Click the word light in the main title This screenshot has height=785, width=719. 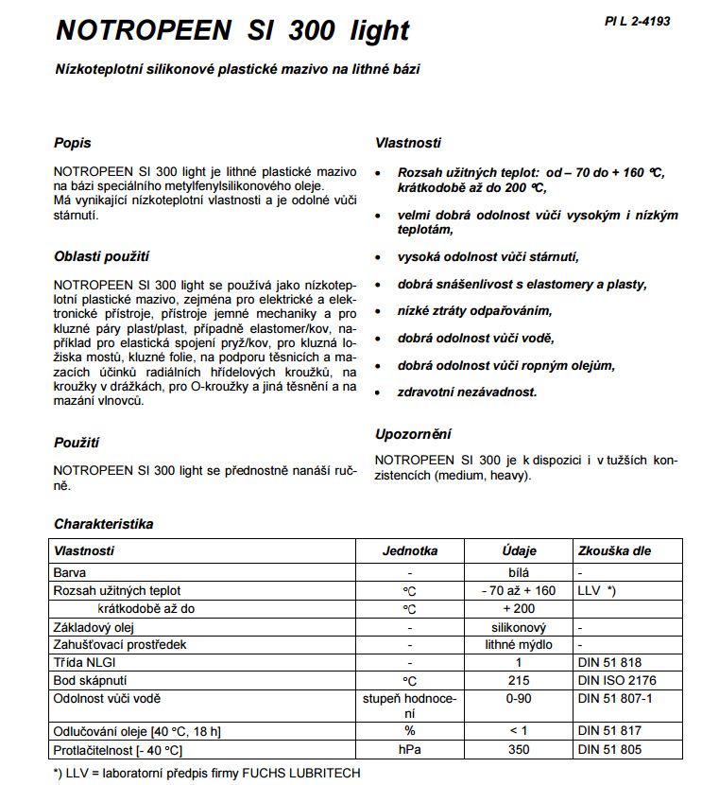pyautogui.click(x=372, y=30)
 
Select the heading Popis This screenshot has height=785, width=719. pyautogui.click(x=73, y=143)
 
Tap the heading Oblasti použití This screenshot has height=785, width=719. pyautogui.click(x=102, y=255)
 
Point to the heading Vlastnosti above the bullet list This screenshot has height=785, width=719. pyautogui.click(x=407, y=143)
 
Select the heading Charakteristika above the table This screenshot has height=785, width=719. pyautogui.click(x=104, y=523)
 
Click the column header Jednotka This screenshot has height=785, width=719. pyautogui.click(x=409, y=550)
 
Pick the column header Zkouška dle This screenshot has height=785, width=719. pyautogui.click(x=614, y=550)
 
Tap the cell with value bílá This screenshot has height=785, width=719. pyautogui.click(x=519, y=572)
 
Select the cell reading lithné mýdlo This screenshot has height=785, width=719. pyautogui.click(x=519, y=644)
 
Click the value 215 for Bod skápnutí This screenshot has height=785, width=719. pyautogui.click(x=519, y=680)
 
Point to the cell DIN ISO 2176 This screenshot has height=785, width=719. pyautogui.click(x=616, y=680)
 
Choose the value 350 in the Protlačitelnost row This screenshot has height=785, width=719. pyautogui.click(x=519, y=750)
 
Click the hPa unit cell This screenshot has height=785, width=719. pyautogui.click(x=409, y=750)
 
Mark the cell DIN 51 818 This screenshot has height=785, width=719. pyautogui.click(x=608, y=662)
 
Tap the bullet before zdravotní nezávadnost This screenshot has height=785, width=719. pyautogui.click(x=379, y=392)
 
